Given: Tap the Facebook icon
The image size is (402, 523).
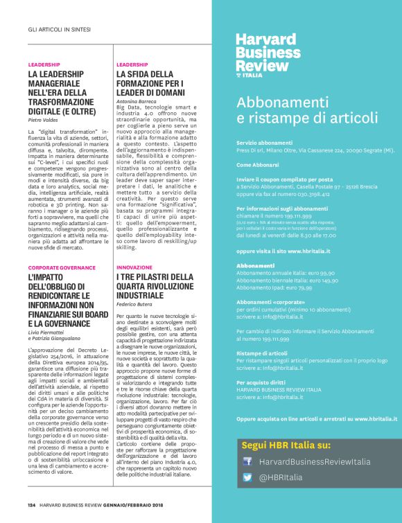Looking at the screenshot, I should pos(247,461).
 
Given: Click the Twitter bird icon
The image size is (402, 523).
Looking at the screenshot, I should pos(247,477).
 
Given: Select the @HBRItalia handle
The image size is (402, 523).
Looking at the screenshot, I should pos(281,477).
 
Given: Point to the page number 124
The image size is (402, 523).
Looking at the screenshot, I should pos(32,505).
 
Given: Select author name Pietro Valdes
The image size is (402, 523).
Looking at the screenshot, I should pos(43,121).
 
